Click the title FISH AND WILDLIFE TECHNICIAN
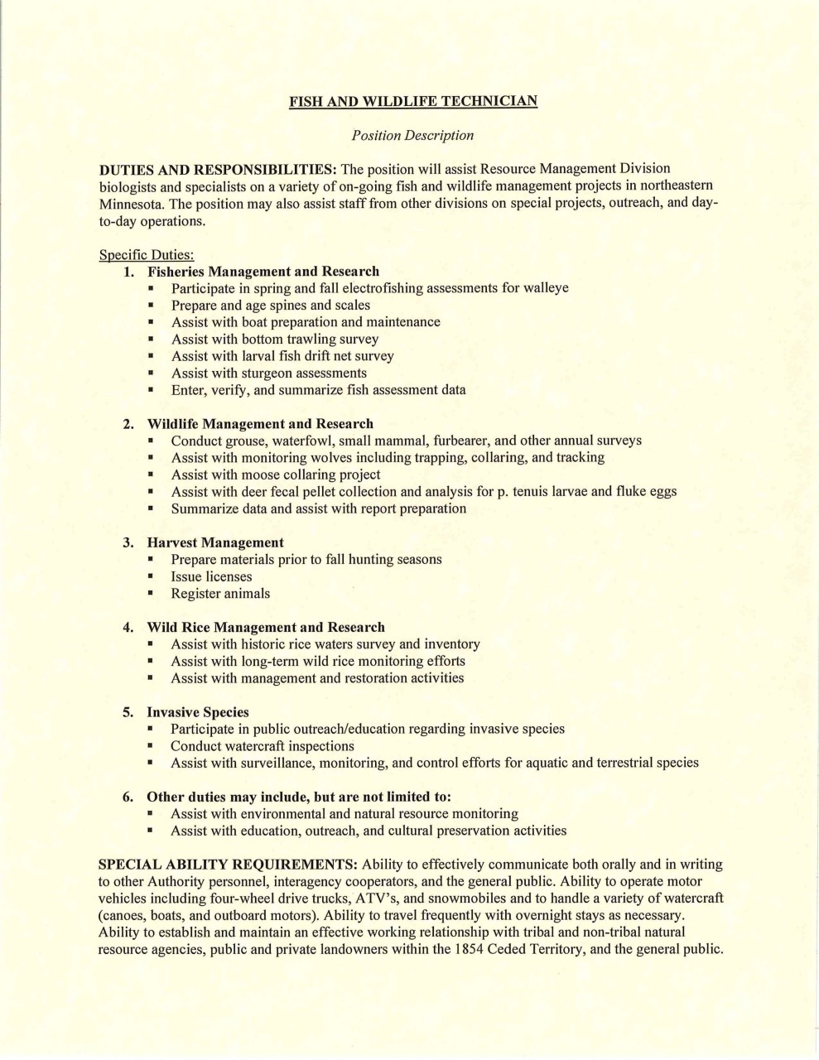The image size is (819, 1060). pos(412,101)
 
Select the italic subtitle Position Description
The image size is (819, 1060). pos(412,135)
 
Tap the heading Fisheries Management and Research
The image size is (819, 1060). pos(263,272)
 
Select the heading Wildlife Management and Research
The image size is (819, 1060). pos(260,424)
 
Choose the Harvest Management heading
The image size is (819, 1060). pos(215,542)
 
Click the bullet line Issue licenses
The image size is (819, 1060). pos(211,576)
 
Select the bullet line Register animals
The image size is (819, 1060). pos(220,593)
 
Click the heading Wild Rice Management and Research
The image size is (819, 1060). pos(266,627)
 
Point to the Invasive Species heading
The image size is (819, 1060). pos(198,712)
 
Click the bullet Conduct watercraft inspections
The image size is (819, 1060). pos(263,745)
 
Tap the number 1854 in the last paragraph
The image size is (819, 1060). pos(468,949)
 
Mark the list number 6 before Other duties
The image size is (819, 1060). pos(128,797)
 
